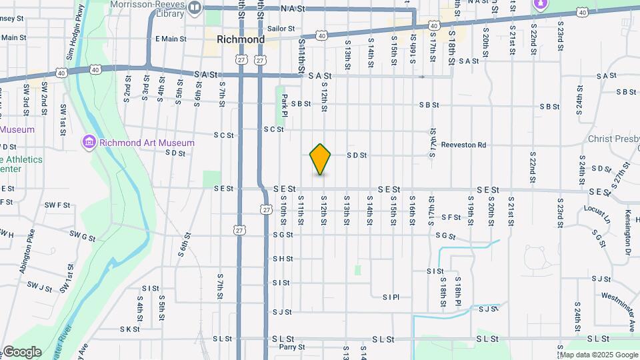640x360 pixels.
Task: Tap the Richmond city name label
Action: point(241,39)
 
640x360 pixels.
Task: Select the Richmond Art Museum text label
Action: point(147,143)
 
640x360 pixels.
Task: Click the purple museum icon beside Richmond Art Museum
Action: point(89,142)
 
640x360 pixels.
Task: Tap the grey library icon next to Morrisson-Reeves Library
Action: point(195,8)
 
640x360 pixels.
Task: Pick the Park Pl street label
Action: point(285,103)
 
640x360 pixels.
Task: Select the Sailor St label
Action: point(281,29)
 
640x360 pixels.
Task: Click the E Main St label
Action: point(171,39)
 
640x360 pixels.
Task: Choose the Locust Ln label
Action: point(597,213)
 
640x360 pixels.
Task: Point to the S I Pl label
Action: point(391,297)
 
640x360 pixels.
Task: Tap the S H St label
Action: point(282,259)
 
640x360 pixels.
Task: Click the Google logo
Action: point(22,352)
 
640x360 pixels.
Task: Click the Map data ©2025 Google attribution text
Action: point(598,355)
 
